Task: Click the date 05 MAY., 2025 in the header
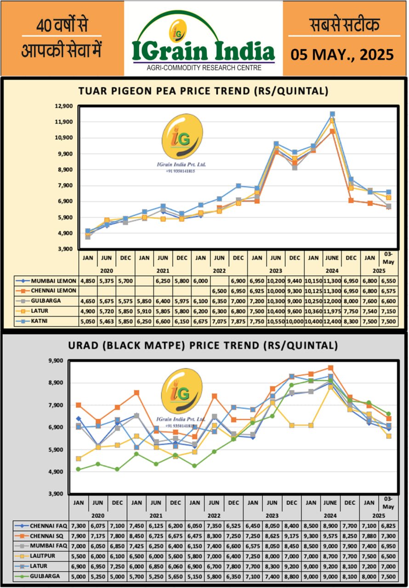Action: click(342, 55)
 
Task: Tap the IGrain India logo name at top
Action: click(204, 51)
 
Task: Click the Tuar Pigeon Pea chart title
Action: click(204, 91)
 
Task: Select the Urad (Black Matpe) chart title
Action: click(204, 345)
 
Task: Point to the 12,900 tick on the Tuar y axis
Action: click(64, 106)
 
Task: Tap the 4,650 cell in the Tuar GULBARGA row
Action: click(88, 301)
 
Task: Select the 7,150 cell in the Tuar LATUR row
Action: click(388, 311)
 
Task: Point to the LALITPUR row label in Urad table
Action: click(44, 556)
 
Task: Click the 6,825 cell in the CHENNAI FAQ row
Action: click(388, 525)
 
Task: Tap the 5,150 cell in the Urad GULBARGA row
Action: click(195, 577)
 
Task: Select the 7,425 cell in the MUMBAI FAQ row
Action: click(137, 546)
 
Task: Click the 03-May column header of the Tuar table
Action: click(388, 258)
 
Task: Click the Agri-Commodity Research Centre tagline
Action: click(204, 68)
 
